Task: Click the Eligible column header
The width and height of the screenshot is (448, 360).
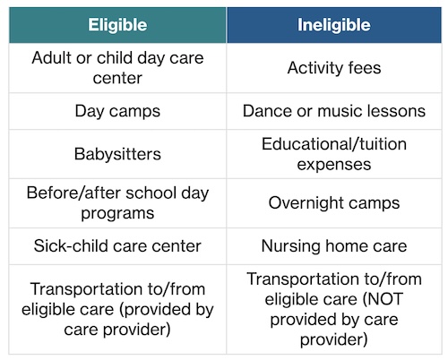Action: coord(117,24)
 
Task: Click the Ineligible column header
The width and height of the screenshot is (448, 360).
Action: coord(334,24)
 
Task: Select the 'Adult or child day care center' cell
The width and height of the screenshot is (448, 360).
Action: coord(117,68)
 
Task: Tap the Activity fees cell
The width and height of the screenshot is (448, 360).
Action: coord(334,68)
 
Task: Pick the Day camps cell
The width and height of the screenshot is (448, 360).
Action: coord(117,111)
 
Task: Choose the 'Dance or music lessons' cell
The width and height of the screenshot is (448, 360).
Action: coord(334,111)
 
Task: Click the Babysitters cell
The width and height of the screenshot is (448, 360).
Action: coord(117,153)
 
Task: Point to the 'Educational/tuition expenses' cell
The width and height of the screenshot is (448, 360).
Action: coord(334,153)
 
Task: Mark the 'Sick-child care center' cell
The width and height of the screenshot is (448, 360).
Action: coord(117,244)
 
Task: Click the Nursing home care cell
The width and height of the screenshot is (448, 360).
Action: coord(334,244)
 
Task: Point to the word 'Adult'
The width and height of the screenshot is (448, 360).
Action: coord(53,58)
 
